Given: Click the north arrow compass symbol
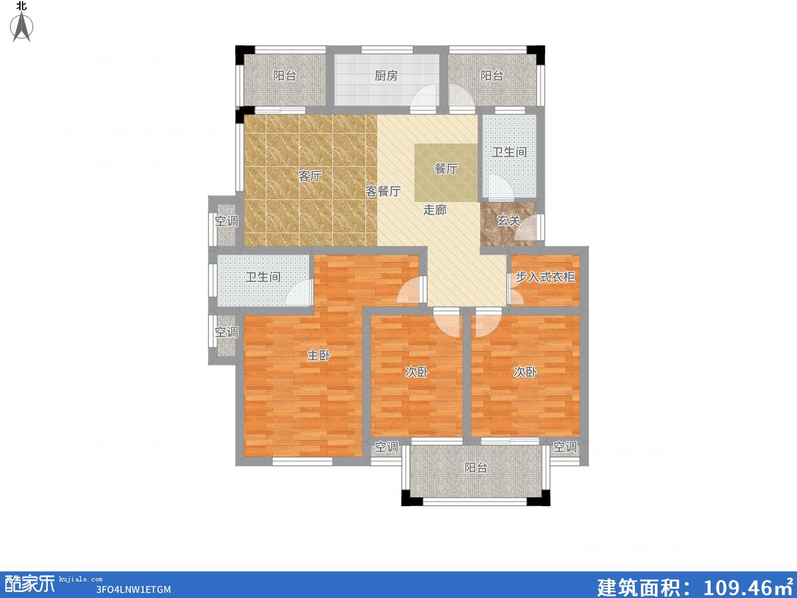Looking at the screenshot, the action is point(22,26).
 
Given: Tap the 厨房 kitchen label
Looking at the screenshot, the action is point(387,76).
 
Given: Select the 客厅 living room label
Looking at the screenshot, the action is point(310,176).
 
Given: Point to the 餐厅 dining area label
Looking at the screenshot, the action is point(446,169).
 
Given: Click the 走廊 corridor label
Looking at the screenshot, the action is point(435,210).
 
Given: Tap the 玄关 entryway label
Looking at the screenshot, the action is point(508,221).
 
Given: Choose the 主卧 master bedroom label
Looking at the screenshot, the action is point(318,355).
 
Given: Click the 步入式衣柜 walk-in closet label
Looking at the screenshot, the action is point(545,277).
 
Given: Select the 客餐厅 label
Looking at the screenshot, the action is point(383,191).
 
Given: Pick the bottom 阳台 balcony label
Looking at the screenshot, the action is point(476,468).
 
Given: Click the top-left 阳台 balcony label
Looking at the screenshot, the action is point(285,76).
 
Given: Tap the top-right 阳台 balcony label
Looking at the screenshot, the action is point(491,76).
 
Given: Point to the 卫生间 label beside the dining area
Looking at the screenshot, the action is point(509,152).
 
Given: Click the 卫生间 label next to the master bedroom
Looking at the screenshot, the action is point(263,277).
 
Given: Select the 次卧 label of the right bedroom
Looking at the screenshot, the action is point(525,372).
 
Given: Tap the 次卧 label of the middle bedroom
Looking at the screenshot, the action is point(417,372).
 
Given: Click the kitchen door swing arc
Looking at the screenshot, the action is point(418,92).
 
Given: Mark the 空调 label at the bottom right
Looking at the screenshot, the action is point(565,447).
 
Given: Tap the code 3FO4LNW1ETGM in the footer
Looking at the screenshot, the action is point(133,589).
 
